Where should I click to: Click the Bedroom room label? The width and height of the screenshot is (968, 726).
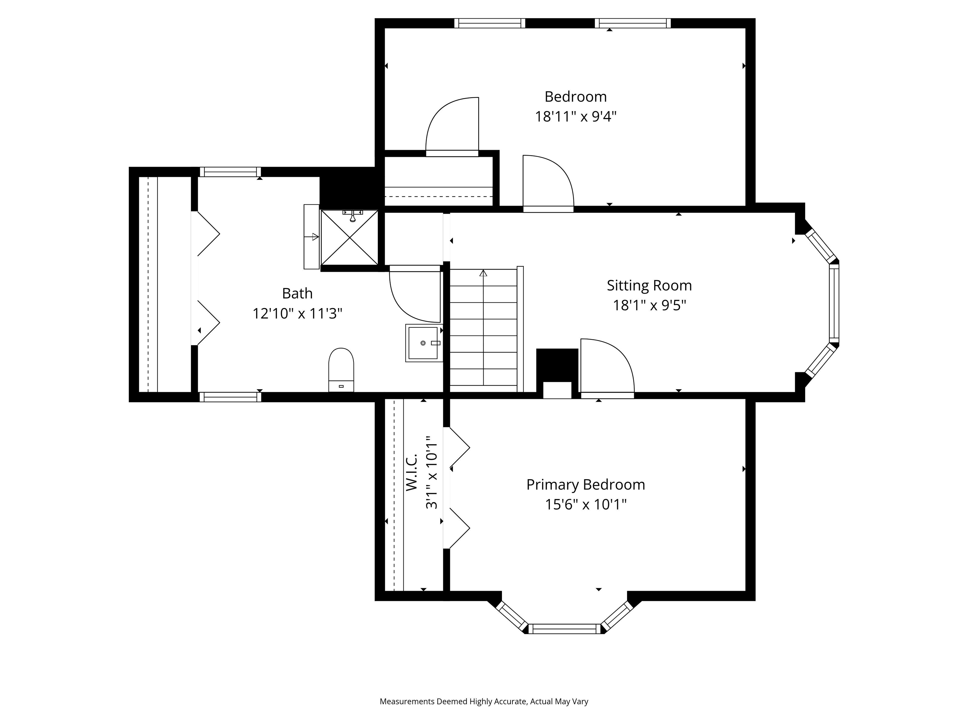click(x=575, y=97)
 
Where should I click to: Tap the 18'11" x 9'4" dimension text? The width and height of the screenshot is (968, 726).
click(x=575, y=117)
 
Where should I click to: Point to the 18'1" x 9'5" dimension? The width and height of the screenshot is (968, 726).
click(x=649, y=305)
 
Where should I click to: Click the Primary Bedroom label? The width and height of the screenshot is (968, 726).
click(x=585, y=485)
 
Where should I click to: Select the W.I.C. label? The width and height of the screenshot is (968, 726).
click(x=411, y=472)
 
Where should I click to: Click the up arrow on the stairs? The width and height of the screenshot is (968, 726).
click(x=483, y=274)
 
